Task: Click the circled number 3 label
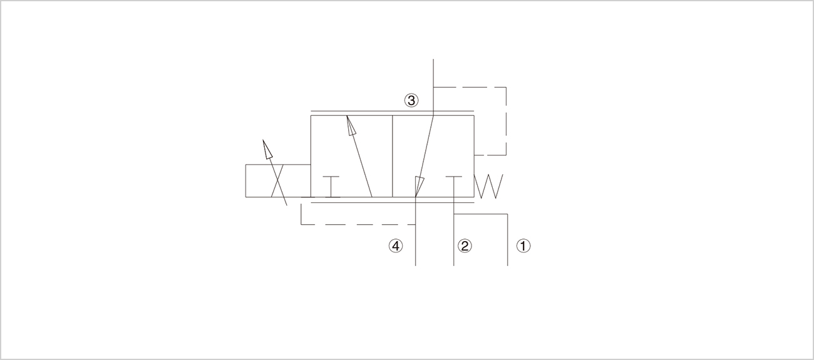[411, 100]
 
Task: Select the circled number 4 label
[396, 246]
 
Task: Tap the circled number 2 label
[465, 246]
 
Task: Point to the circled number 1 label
[523, 246]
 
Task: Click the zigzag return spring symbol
[489, 187]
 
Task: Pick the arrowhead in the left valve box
[351, 126]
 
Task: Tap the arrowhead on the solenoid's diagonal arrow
[267, 149]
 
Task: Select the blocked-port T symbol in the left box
[331, 187]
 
